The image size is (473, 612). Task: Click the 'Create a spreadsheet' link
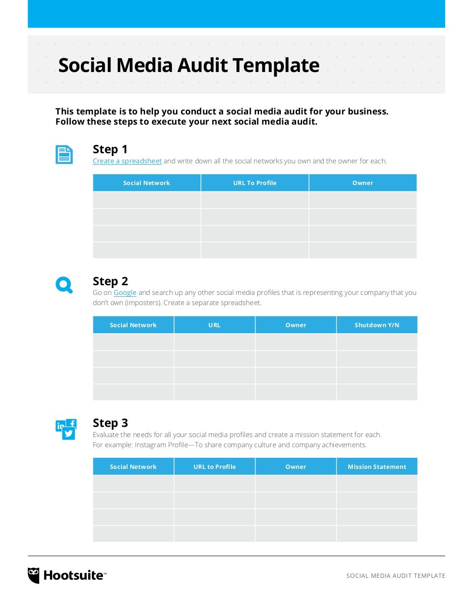tap(127, 161)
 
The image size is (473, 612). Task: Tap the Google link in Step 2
tap(125, 293)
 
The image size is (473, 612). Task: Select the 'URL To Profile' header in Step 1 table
tap(255, 183)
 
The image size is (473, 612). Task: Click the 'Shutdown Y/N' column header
tap(376, 325)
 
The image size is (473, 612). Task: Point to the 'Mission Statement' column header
tap(376, 467)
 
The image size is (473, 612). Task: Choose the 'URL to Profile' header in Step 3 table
tap(214, 467)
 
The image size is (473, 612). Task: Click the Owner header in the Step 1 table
tap(363, 183)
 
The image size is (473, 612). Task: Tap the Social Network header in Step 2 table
tap(133, 325)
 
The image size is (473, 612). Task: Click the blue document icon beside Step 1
tap(64, 155)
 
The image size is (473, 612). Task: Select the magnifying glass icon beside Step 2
tap(64, 285)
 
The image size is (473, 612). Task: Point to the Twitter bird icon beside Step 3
tap(69, 433)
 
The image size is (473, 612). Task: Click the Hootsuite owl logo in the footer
tap(34, 576)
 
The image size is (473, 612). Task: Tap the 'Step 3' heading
tap(110, 423)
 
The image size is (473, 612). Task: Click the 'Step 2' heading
tap(110, 281)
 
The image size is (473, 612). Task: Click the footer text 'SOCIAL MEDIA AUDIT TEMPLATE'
tap(396, 576)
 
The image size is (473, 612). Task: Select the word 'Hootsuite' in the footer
tap(74, 576)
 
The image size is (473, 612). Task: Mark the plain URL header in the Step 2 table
tap(214, 325)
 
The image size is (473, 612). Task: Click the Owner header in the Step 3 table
tap(296, 467)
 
